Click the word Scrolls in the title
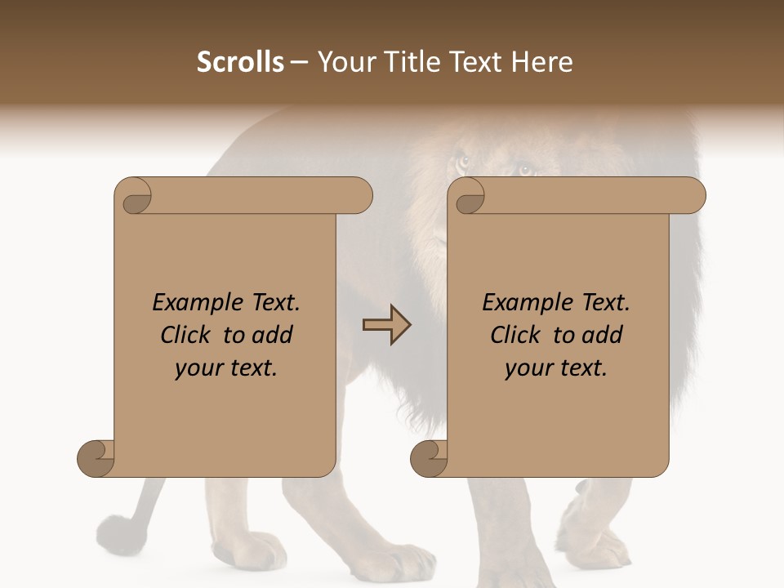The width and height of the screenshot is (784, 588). click(241, 62)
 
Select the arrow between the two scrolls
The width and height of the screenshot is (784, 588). click(387, 324)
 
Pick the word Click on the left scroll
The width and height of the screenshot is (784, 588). click(187, 335)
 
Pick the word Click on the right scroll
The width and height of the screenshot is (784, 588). click(516, 335)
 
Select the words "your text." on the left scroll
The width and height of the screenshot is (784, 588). click(226, 368)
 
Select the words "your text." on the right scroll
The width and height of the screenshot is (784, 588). click(556, 368)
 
